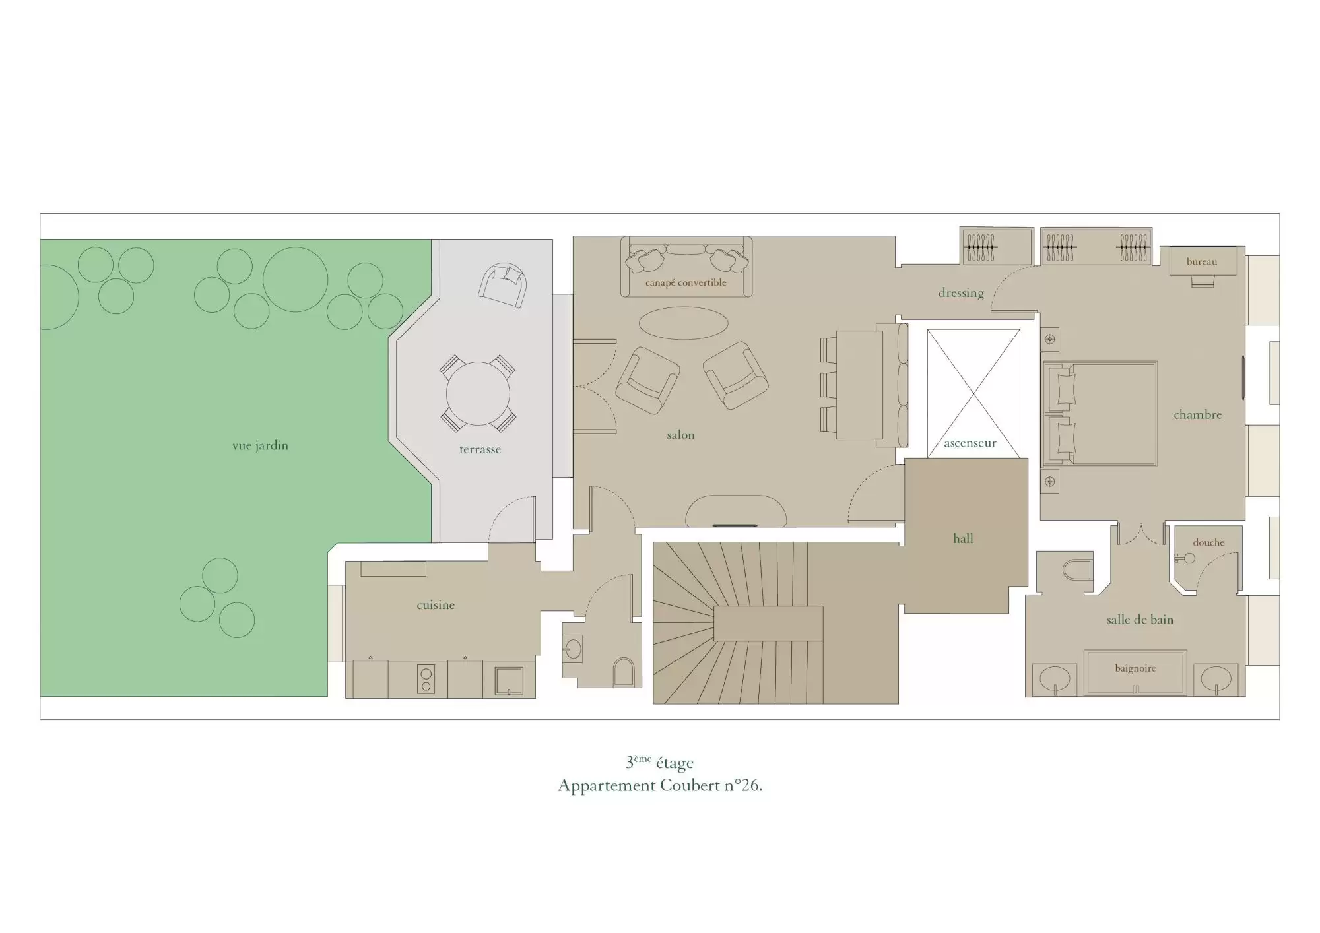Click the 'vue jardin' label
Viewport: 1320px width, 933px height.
tap(260, 445)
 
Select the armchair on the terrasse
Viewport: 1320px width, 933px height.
tap(503, 285)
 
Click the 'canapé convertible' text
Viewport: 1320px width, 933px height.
tap(686, 282)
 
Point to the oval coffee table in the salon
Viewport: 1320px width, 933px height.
tap(683, 323)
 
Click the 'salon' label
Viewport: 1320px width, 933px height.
tap(680, 435)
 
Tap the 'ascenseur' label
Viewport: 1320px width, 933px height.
tap(970, 443)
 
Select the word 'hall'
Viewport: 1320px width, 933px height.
tap(963, 538)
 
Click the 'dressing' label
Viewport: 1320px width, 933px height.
tap(961, 293)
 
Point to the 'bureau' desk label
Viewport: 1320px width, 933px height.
tap(1202, 261)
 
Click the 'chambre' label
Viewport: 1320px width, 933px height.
tap(1197, 414)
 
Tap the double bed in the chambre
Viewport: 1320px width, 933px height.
tap(1100, 414)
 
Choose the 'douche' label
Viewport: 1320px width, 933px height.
tap(1208, 542)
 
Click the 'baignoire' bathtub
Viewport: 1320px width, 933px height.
tap(1135, 672)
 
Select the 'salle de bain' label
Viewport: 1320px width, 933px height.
tap(1140, 620)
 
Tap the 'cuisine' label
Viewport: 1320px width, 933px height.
tap(436, 605)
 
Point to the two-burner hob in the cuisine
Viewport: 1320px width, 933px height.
tap(426, 680)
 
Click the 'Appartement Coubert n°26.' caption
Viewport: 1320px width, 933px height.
tap(660, 785)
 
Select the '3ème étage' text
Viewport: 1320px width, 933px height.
tap(660, 762)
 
